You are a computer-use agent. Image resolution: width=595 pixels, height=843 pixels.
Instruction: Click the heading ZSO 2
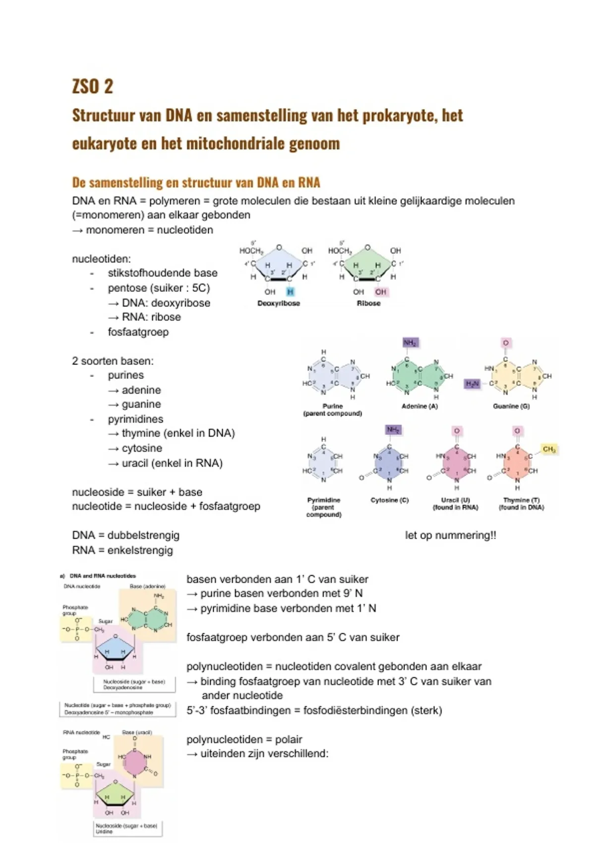click(93, 86)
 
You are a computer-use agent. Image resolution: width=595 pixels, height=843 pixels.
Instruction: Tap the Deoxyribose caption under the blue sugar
click(279, 303)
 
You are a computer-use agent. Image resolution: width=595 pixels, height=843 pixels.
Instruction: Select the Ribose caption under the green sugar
click(368, 303)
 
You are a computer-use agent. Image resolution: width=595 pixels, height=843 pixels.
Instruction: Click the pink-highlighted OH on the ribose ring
click(381, 292)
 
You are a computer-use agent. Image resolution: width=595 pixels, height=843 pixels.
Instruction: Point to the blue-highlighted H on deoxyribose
click(291, 292)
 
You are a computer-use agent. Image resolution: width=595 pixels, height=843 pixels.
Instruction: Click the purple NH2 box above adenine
click(410, 343)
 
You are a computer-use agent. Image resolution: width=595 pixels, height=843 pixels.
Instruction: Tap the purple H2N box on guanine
click(472, 384)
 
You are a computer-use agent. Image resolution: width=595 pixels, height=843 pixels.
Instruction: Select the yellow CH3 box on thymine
click(549, 449)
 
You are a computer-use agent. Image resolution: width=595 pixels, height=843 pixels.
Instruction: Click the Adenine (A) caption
click(419, 406)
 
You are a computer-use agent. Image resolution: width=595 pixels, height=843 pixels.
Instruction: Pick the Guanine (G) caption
click(511, 406)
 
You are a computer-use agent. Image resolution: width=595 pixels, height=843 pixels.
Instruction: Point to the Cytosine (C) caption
click(390, 500)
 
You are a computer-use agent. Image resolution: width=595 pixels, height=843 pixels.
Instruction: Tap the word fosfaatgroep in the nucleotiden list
click(138, 332)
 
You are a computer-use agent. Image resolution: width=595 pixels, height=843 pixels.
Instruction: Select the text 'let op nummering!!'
click(450, 536)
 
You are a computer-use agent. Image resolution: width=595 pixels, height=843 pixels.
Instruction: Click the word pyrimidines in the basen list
click(135, 419)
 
